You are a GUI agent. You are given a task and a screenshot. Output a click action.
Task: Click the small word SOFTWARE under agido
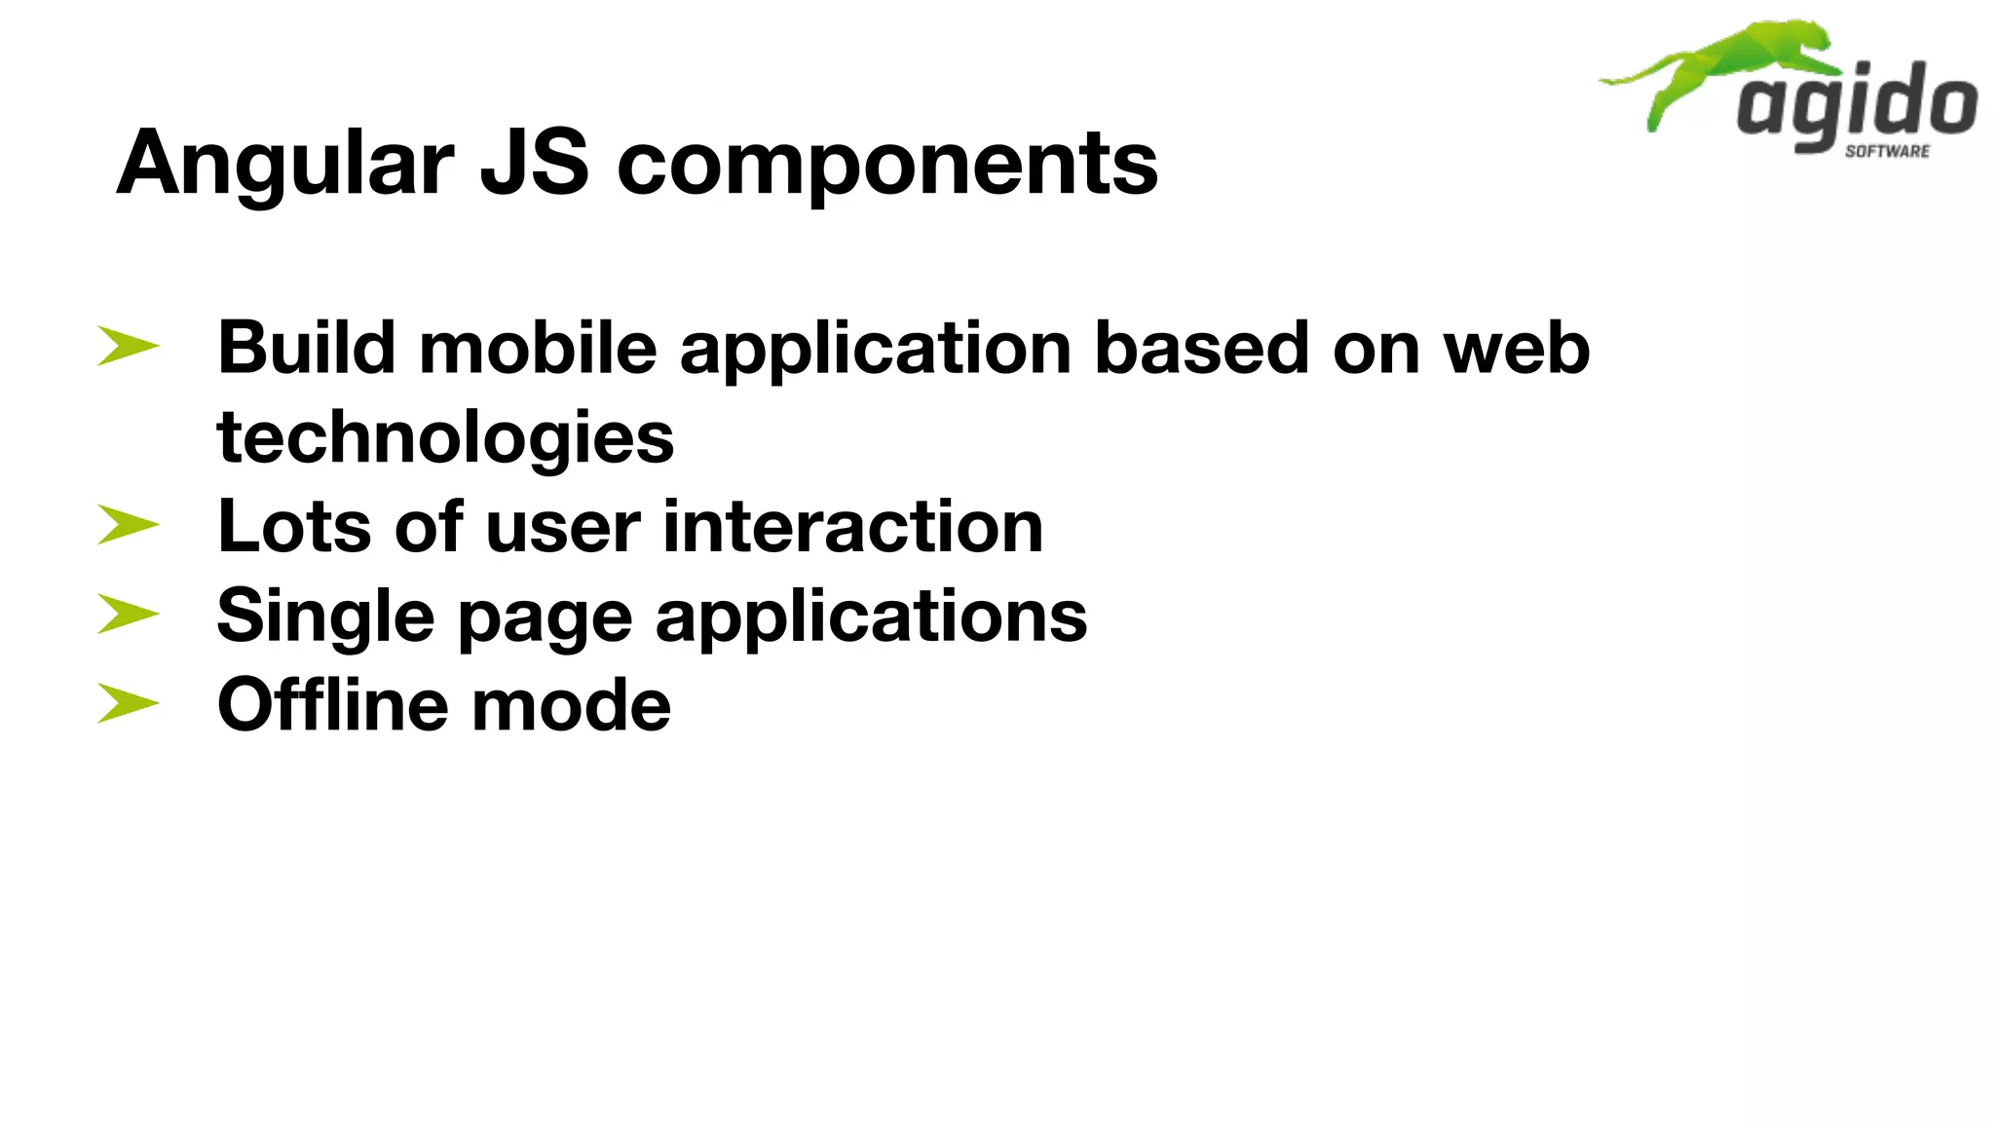[x=1887, y=151]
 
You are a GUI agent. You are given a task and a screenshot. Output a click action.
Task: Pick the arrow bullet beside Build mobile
[x=128, y=347]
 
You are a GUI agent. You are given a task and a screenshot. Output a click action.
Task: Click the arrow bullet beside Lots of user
[x=128, y=525]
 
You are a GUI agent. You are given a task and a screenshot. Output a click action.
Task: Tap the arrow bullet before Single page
[x=128, y=615]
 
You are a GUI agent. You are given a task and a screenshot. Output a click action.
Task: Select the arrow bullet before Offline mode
[x=128, y=703]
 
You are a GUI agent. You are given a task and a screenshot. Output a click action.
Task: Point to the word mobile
[x=538, y=348]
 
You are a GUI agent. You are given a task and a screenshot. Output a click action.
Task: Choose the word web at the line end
[x=1517, y=348]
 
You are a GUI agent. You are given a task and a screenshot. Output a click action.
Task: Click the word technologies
[x=445, y=438]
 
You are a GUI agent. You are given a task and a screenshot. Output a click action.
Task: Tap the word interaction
[x=852, y=527]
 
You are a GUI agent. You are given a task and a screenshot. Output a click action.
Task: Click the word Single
[x=325, y=617]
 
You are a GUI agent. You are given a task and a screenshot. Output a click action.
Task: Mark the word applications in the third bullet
[x=871, y=617]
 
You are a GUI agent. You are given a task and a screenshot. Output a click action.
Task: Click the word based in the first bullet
[x=1201, y=348]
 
